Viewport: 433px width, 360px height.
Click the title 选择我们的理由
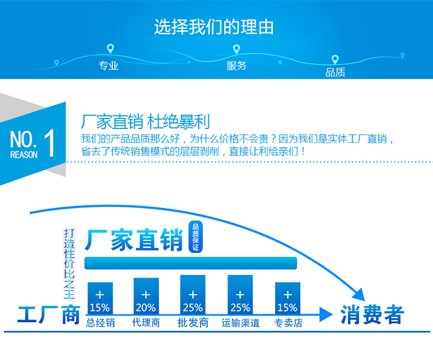[214, 27]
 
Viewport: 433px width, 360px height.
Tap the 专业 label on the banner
[109, 66]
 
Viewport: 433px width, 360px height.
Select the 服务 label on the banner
[237, 66]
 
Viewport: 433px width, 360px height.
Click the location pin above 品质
[335, 60]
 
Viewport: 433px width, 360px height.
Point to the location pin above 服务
[236, 49]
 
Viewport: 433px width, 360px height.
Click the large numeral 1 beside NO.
[49, 144]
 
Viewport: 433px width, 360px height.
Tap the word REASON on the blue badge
[24, 155]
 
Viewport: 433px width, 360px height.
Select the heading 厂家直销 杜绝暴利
[145, 122]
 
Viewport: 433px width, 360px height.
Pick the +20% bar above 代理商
[146, 297]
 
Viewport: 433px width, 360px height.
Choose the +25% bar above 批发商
[193, 295]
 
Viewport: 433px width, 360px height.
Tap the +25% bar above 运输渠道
[240, 295]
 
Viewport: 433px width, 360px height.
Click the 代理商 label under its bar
[146, 323]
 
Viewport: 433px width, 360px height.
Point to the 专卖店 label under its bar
[288, 323]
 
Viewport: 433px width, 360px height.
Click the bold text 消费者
[372, 315]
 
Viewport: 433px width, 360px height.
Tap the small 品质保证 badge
[195, 236]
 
